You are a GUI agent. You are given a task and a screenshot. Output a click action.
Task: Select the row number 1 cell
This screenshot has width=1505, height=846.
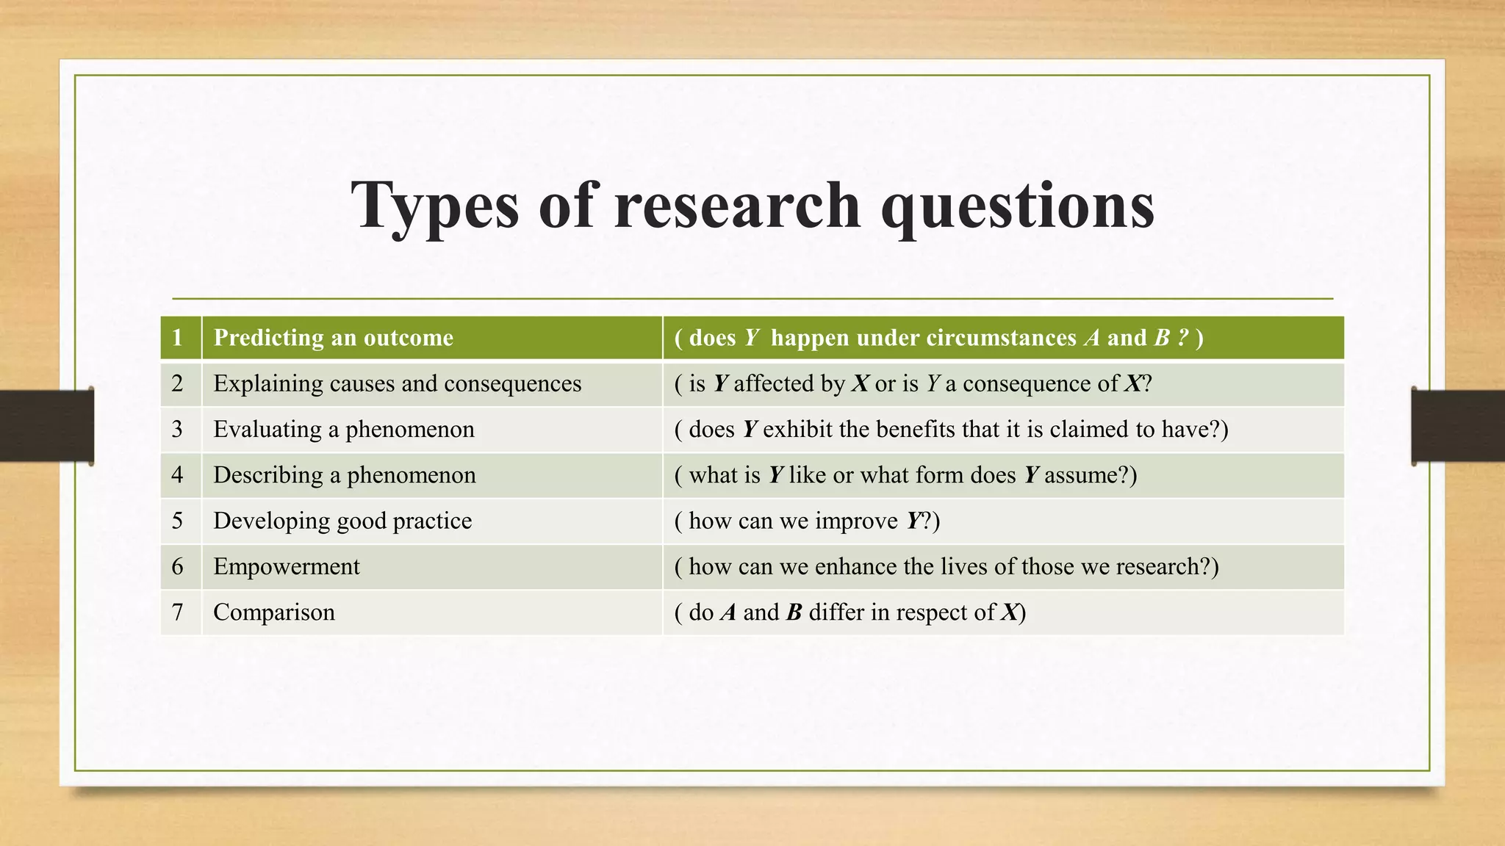[x=177, y=338]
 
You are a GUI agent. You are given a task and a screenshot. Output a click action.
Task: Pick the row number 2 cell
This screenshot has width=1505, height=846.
[x=177, y=383]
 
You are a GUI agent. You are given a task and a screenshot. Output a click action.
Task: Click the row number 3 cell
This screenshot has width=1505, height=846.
[x=177, y=429]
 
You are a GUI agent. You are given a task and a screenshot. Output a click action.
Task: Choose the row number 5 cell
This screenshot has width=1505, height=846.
[x=177, y=521]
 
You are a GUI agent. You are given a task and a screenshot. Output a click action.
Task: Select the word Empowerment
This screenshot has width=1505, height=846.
[x=287, y=566]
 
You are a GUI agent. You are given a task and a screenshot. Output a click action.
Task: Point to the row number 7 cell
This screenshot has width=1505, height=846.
[x=177, y=612]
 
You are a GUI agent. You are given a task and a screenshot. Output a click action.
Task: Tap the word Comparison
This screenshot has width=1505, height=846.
[x=274, y=612]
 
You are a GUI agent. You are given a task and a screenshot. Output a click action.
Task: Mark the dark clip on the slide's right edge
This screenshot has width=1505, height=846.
[x=1458, y=426]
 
